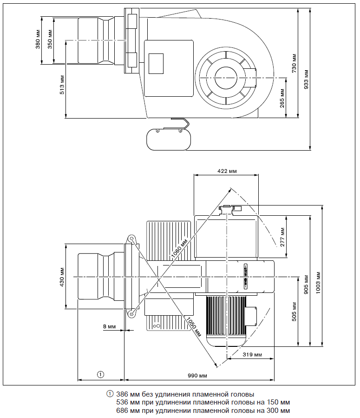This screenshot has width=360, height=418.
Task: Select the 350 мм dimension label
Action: (x=50, y=40)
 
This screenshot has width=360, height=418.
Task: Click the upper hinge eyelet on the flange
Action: (x=132, y=239)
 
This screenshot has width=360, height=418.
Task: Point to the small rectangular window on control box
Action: (x=156, y=62)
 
